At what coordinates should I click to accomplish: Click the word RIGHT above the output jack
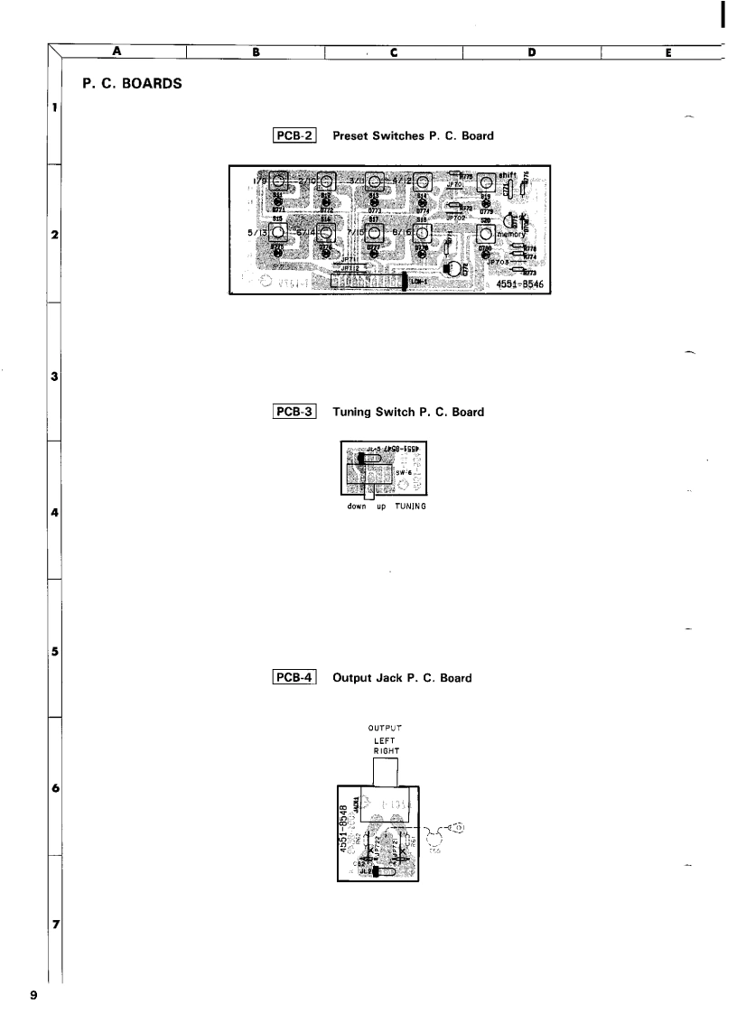pos(385,749)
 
